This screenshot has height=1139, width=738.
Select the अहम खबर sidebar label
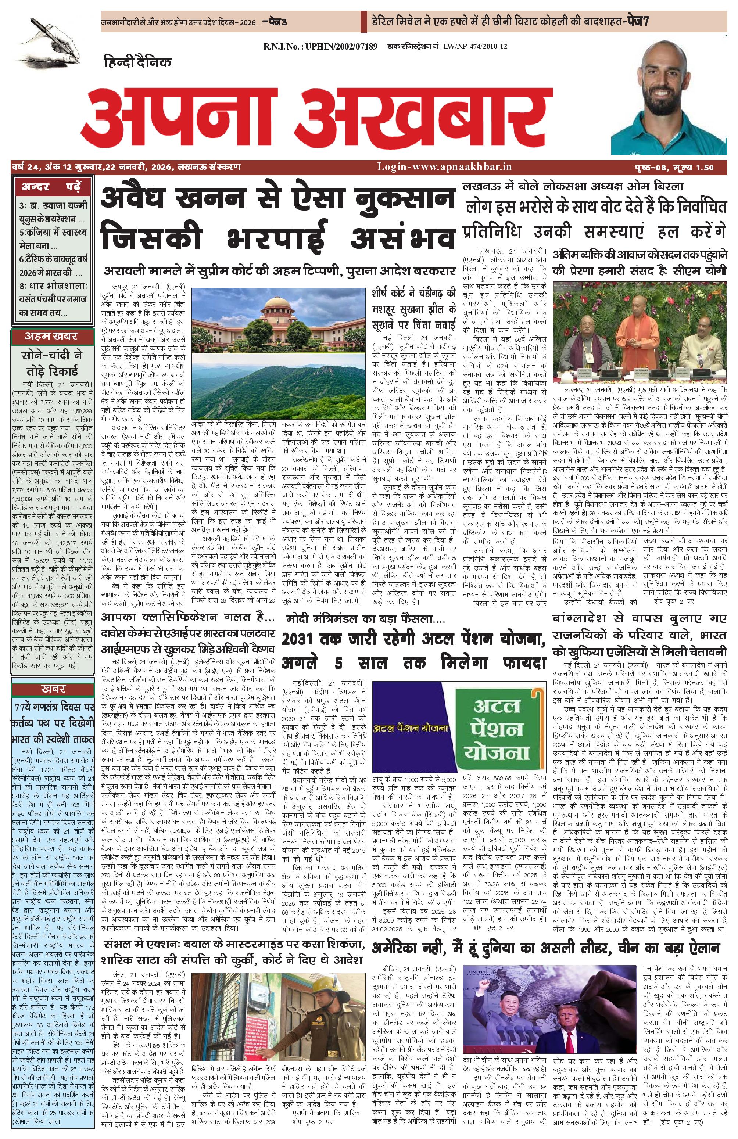point(51,337)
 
